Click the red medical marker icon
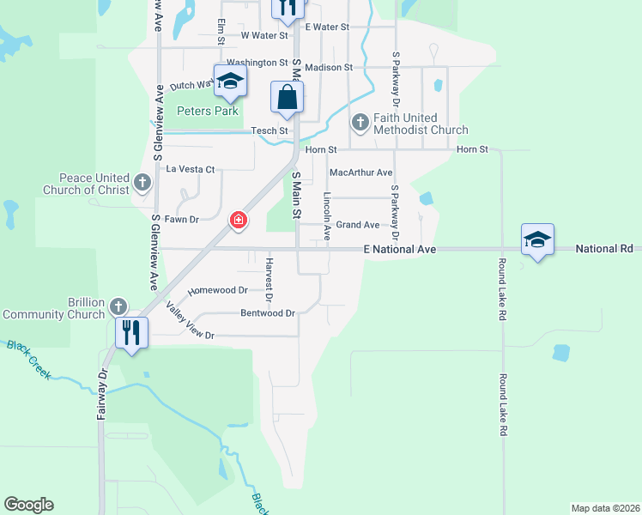pos(239,221)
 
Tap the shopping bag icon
pos(287,98)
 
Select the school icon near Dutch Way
pos(230,81)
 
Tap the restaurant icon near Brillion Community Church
pos(130,333)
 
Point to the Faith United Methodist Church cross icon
pos(360,124)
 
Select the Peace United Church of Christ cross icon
pos(142,183)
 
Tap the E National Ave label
pos(400,249)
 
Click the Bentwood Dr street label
pos(268,313)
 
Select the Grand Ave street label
pos(357,225)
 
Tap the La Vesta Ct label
pos(190,169)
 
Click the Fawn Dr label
pos(181,220)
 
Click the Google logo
pos(29,505)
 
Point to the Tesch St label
pos(270,130)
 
